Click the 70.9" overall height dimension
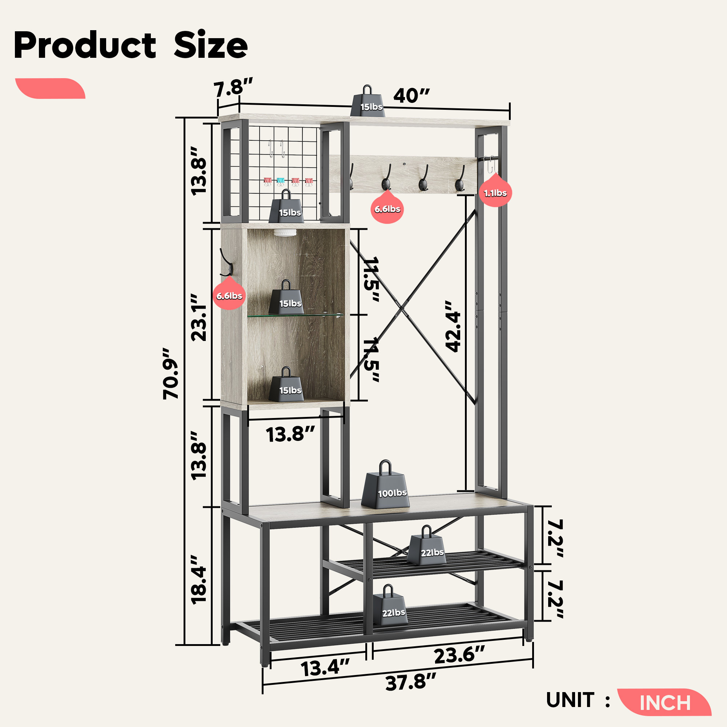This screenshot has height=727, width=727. pyautogui.click(x=171, y=373)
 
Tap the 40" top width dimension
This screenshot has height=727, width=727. pyautogui.click(x=411, y=96)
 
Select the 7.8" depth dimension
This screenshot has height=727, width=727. pyautogui.click(x=233, y=88)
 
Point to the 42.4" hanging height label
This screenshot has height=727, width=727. pyautogui.click(x=453, y=326)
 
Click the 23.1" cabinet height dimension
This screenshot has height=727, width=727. pyautogui.click(x=199, y=318)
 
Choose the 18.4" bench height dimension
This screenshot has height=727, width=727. pyautogui.click(x=199, y=580)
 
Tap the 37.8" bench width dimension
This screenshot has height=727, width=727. pyautogui.click(x=410, y=682)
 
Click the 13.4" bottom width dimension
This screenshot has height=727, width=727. pyautogui.click(x=325, y=668)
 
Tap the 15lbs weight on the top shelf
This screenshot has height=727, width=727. pyautogui.click(x=367, y=103)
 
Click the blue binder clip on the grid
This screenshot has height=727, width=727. pyautogui.click(x=281, y=181)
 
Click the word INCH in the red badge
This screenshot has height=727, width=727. pyautogui.click(x=665, y=703)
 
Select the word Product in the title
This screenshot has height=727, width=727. pyautogui.click(x=85, y=45)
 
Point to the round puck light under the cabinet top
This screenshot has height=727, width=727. pyautogui.click(x=285, y=232)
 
